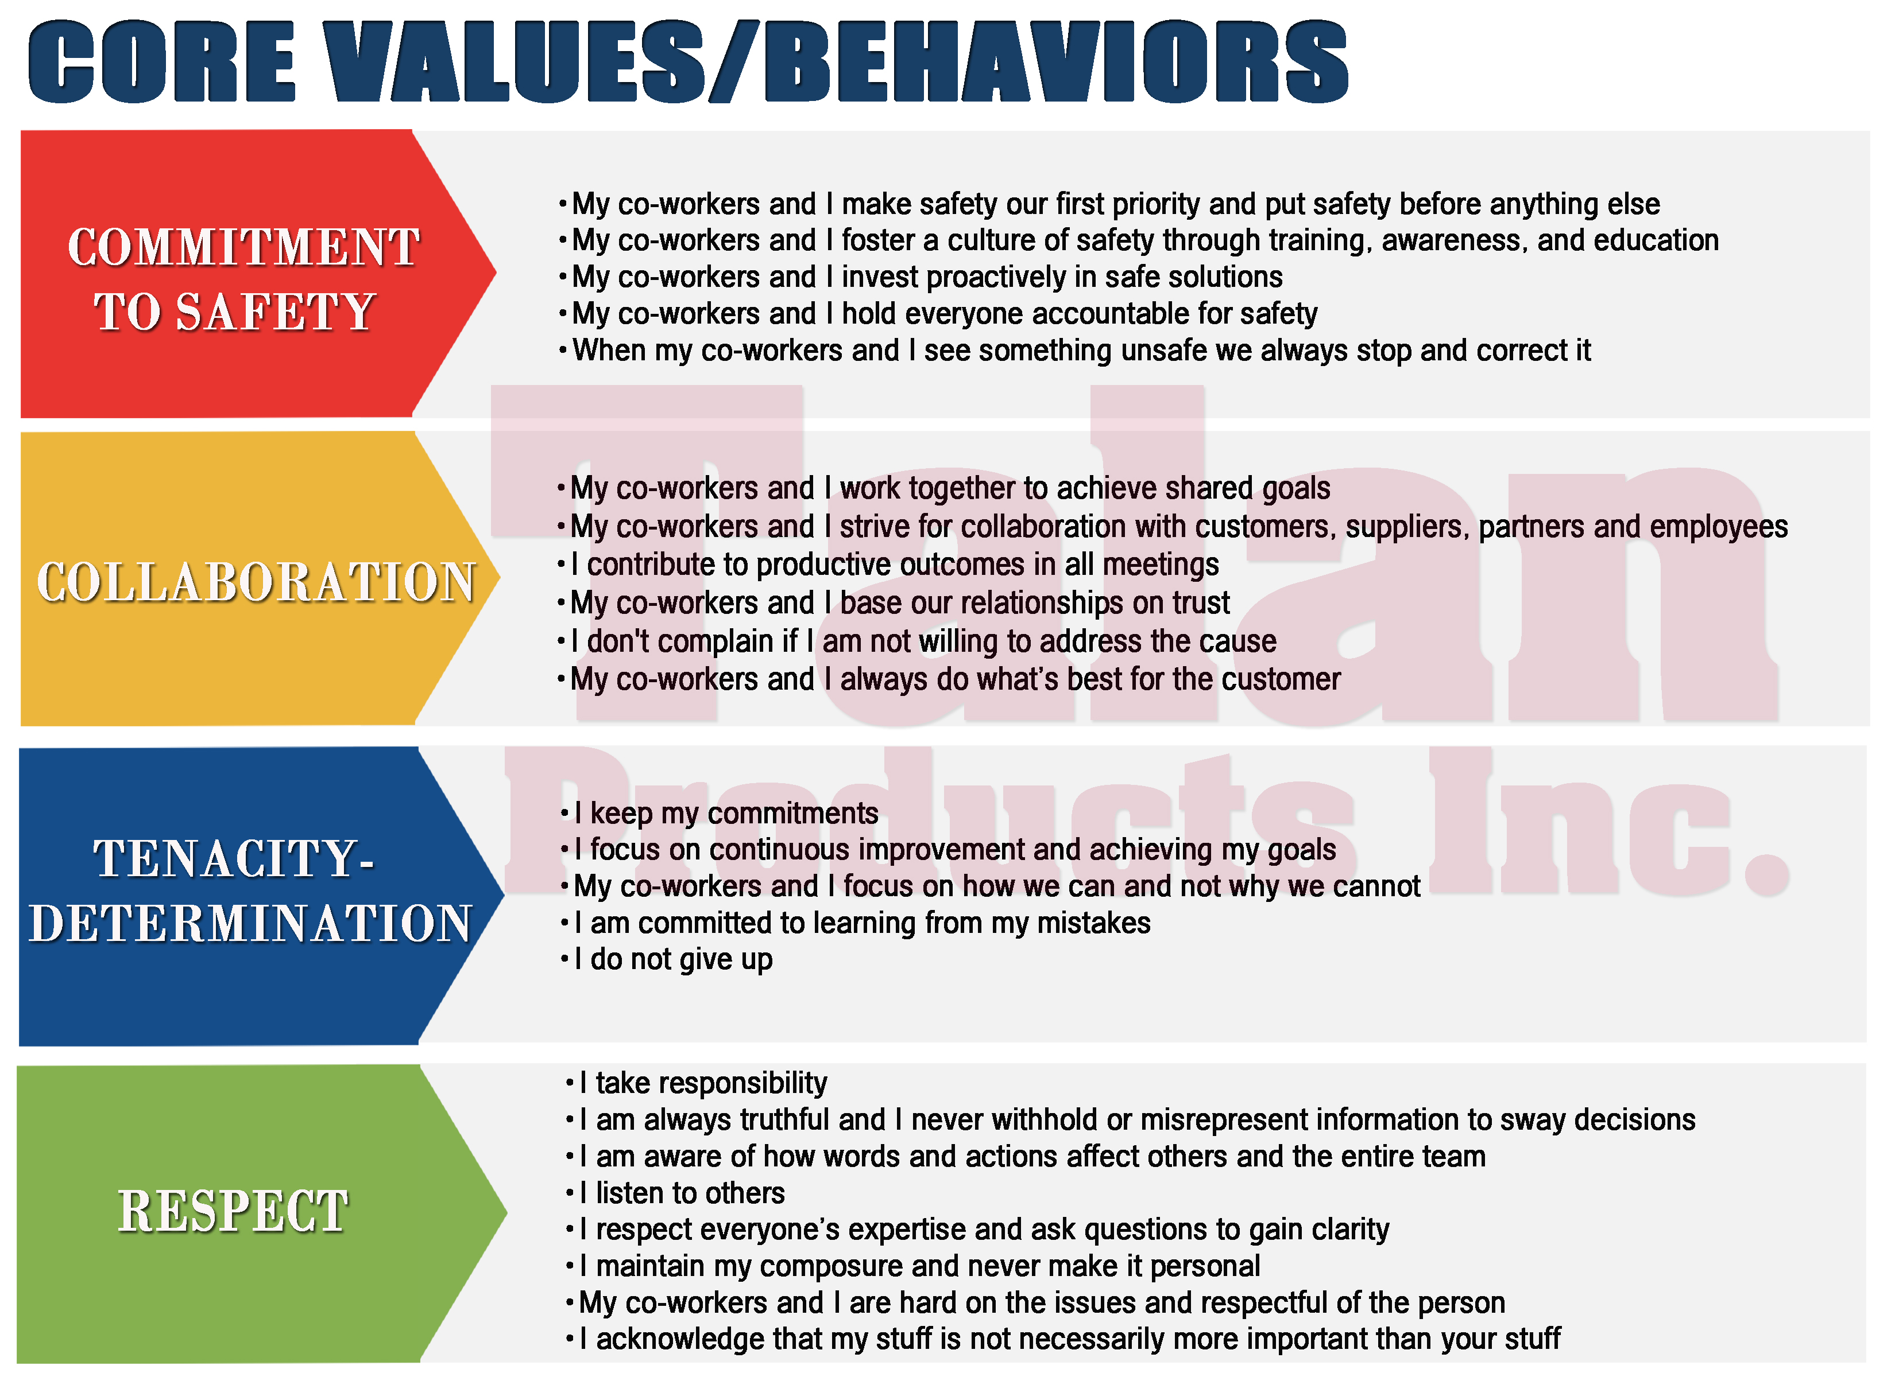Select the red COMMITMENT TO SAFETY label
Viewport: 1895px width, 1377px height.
(x=242, y=279)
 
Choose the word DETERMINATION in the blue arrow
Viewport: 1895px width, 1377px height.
(x=251, y=924)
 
